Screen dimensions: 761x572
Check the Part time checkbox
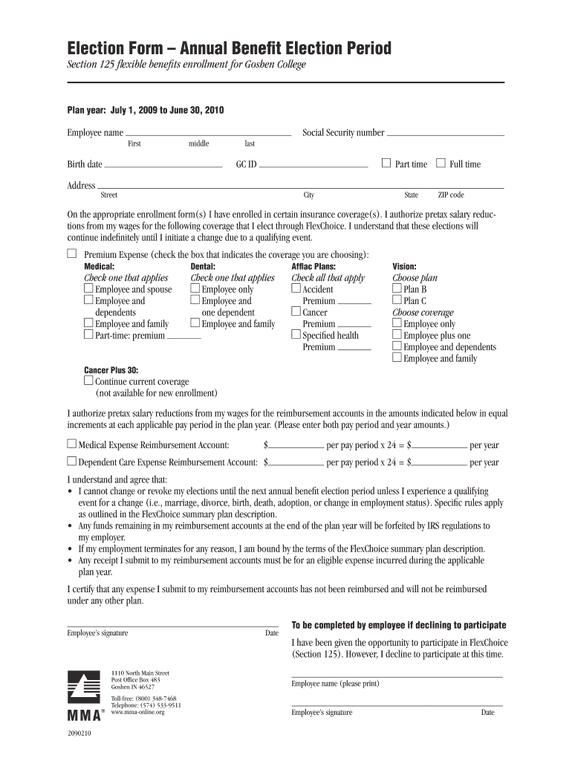[386, 163]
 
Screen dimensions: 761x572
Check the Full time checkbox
[441, 163]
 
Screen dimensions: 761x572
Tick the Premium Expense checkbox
[72, 254]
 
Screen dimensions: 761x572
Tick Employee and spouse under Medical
[88, 288]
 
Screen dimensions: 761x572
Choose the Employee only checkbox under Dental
[195, 288]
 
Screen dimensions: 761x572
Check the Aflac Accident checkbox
[296, 288]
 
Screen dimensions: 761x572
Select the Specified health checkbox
[296, 334]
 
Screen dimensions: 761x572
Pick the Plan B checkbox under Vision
[397, 288]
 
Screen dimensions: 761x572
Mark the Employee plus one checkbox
[397, 334]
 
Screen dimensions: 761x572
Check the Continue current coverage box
[88, 380]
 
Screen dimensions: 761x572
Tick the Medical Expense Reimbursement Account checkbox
[72, 444]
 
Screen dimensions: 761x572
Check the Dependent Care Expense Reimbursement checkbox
[72, 461]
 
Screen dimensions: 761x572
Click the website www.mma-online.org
[137, 712]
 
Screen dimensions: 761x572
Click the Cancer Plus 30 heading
[111, 369]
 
